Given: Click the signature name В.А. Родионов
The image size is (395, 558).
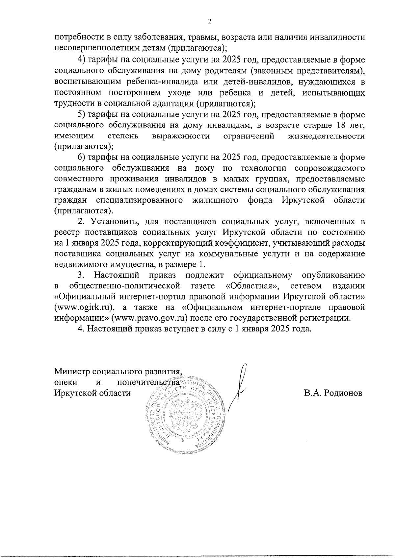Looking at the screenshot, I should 333,393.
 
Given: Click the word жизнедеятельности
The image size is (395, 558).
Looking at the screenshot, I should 326,136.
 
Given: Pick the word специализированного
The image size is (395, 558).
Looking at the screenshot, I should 140,200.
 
